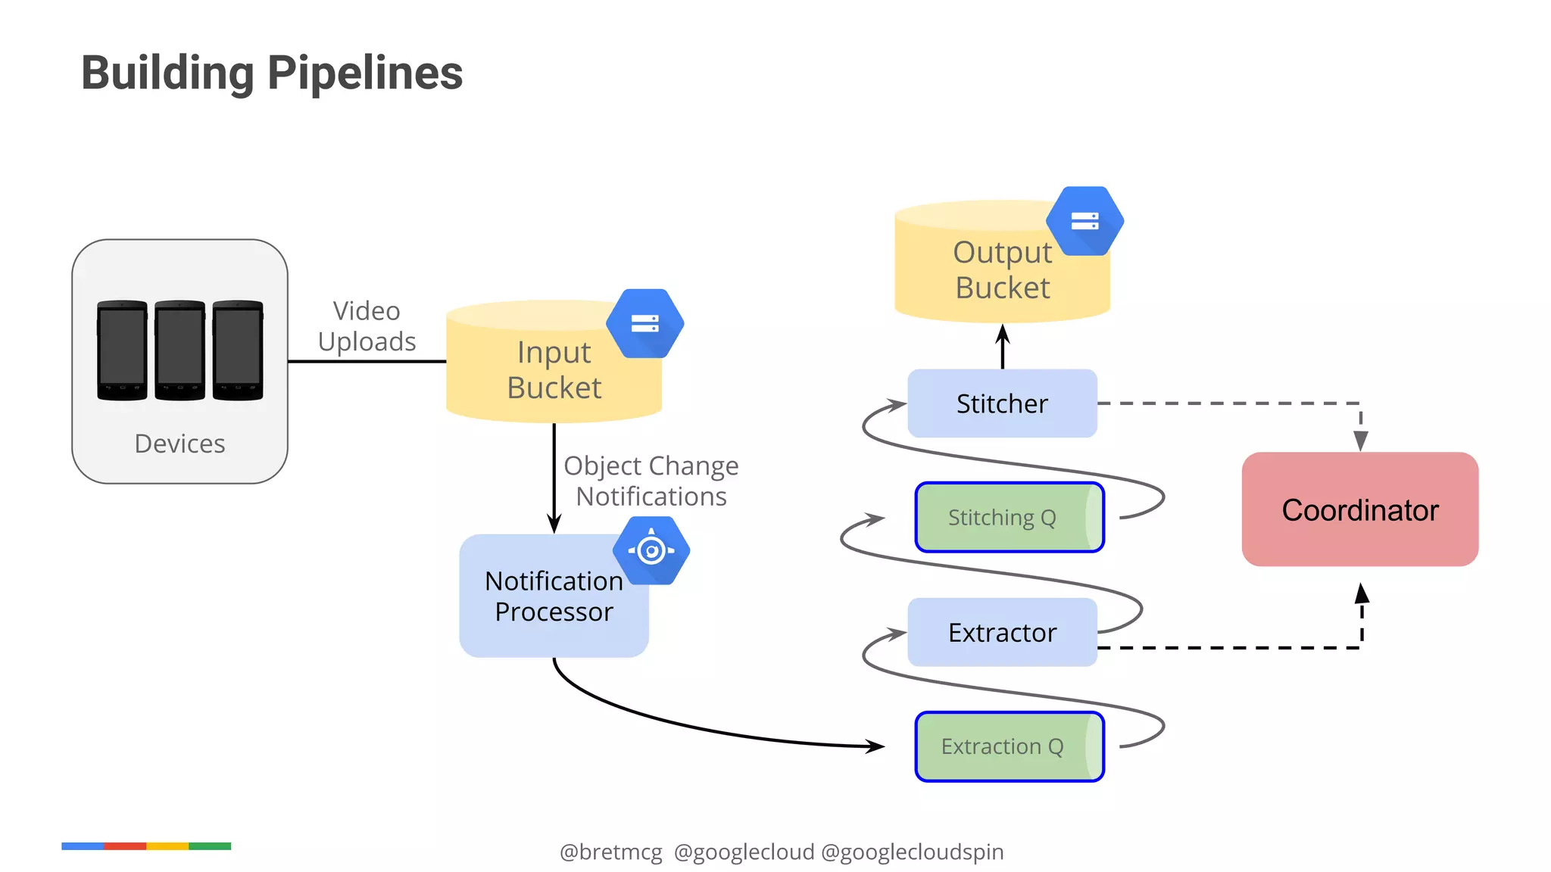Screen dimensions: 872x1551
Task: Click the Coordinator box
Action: pos(1359,509)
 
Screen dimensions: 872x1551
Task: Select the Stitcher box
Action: pos(1001,403)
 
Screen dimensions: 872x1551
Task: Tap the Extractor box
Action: pos(1001,632)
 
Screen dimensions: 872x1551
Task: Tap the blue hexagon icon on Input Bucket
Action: pos(644,323)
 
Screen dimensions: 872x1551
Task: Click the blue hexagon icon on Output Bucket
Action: pos(1084,221)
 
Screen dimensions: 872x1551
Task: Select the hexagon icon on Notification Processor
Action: pos(651,550)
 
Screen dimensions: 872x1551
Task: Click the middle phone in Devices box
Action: pos(179,350)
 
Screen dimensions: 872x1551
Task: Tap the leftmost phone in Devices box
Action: pos(122,350)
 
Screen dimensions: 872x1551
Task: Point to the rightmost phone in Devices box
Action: pos(238,350)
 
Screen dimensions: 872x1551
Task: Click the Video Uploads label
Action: pos(367,326)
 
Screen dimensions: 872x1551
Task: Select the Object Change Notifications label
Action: pos(651,481)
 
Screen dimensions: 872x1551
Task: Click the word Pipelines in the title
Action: pos(365,73)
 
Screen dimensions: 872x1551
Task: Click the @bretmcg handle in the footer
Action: pos(610,852)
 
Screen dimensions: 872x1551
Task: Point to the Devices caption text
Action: pos(179,444)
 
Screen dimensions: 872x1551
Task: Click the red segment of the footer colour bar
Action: pos(125,846)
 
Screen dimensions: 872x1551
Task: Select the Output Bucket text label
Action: pos(1002,270)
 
